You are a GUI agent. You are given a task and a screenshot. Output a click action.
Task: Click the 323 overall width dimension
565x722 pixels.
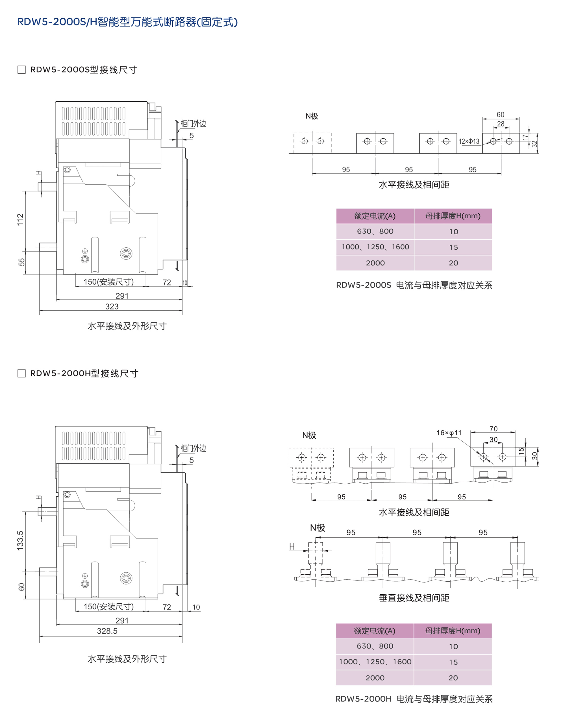[112, 306]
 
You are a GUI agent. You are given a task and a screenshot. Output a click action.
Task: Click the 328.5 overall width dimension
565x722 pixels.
[107, 631]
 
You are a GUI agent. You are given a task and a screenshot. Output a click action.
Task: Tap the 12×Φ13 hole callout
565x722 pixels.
[469, 141]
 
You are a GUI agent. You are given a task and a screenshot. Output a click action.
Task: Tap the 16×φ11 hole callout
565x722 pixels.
[449, 433]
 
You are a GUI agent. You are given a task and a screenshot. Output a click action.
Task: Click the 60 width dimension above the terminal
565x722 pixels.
[501, 115]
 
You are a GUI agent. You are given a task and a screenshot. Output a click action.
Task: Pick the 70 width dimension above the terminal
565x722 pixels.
[494, 429]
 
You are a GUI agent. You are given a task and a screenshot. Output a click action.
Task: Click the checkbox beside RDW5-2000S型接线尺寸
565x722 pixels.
[21, 70]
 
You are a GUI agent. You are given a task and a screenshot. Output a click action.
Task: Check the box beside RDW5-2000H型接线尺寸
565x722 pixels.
[21, 374]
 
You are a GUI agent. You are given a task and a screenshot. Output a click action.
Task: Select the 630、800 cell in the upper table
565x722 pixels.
[375, 232]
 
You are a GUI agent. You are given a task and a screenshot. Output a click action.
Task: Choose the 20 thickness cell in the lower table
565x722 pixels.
[453, 678]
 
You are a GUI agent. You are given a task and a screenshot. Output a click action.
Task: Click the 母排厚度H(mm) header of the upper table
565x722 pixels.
[453, 216]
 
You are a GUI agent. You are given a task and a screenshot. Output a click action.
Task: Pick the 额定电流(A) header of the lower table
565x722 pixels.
[375, 631]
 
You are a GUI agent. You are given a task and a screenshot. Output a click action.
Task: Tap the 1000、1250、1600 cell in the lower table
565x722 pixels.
[375, 662]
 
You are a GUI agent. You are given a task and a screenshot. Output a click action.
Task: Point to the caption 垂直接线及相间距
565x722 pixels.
[414, 598]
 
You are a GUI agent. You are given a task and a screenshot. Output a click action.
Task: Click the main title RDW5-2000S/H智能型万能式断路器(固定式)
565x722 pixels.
[128, 22]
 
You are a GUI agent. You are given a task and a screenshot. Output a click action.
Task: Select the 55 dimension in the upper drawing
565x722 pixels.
[21, 262]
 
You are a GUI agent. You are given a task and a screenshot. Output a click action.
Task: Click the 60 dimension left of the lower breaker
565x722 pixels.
[21, 587]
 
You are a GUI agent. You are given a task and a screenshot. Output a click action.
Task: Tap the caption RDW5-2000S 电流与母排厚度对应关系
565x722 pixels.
[414, 285]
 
